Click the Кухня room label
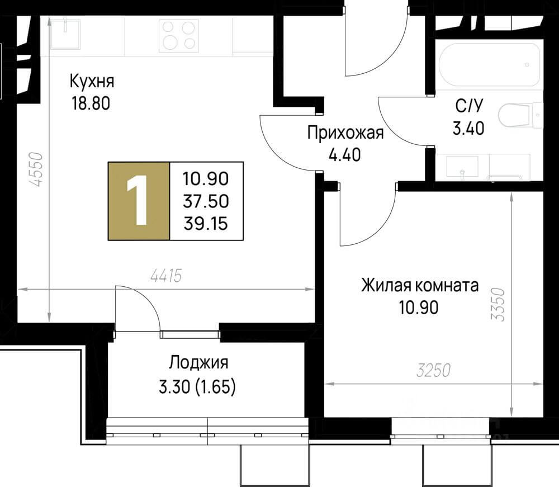pyautogui.click(x=92, y=82)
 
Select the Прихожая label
pyautogui.click(x=345, y=133)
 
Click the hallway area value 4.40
pyautogui.click(x=345, y=154)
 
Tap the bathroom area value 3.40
pyautogui.click(x=468, y=129)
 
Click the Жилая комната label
pyautogui.click(x=419, y=286)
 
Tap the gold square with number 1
pyautogui.click(x=138, y=201)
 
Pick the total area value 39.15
pyautogui.click(x=206, y=223)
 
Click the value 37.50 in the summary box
pyautogui.click(x=206, y=201)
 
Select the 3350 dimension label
pyautogui.click(x=499, y=303)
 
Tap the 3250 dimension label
pyautogui.click(x=434, y=371)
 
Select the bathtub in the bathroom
pyautogui.click(x=490, y=65)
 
